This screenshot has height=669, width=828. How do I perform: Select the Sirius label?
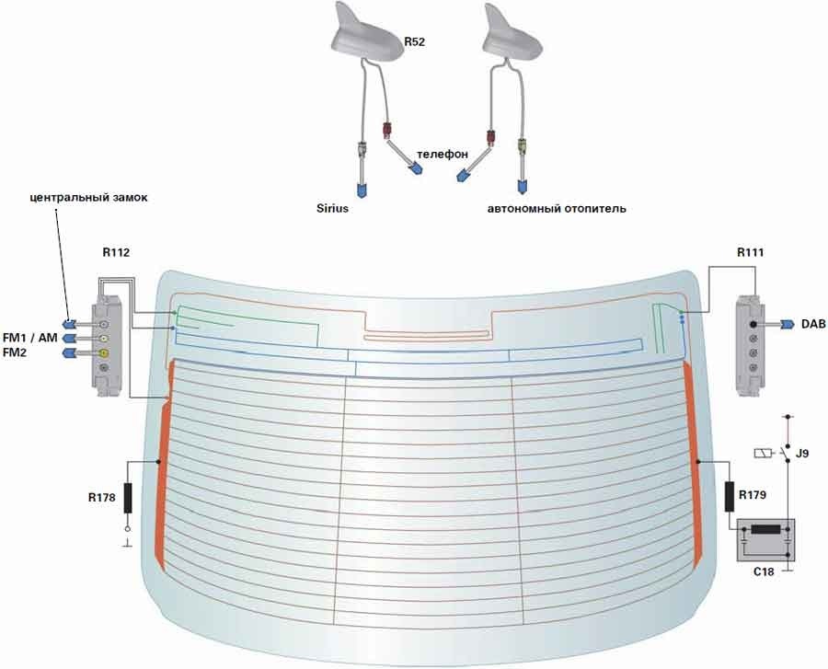(x=335, y=209)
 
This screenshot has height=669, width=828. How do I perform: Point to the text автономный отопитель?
(x=557, y=209)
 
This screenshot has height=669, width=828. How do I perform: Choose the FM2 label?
(x=17, y=352)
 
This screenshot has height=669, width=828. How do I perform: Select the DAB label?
(x=813, y=325)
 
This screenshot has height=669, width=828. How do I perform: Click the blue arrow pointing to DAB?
(x=788, y=324)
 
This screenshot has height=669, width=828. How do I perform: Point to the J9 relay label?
(x=802, y=453)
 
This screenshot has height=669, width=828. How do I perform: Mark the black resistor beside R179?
(x=730, y=497)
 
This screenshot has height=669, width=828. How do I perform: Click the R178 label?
(x=102, y=498)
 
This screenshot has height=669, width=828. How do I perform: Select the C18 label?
(x=763, y=571)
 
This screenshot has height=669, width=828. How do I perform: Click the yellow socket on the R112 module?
(x=105, y=353)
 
